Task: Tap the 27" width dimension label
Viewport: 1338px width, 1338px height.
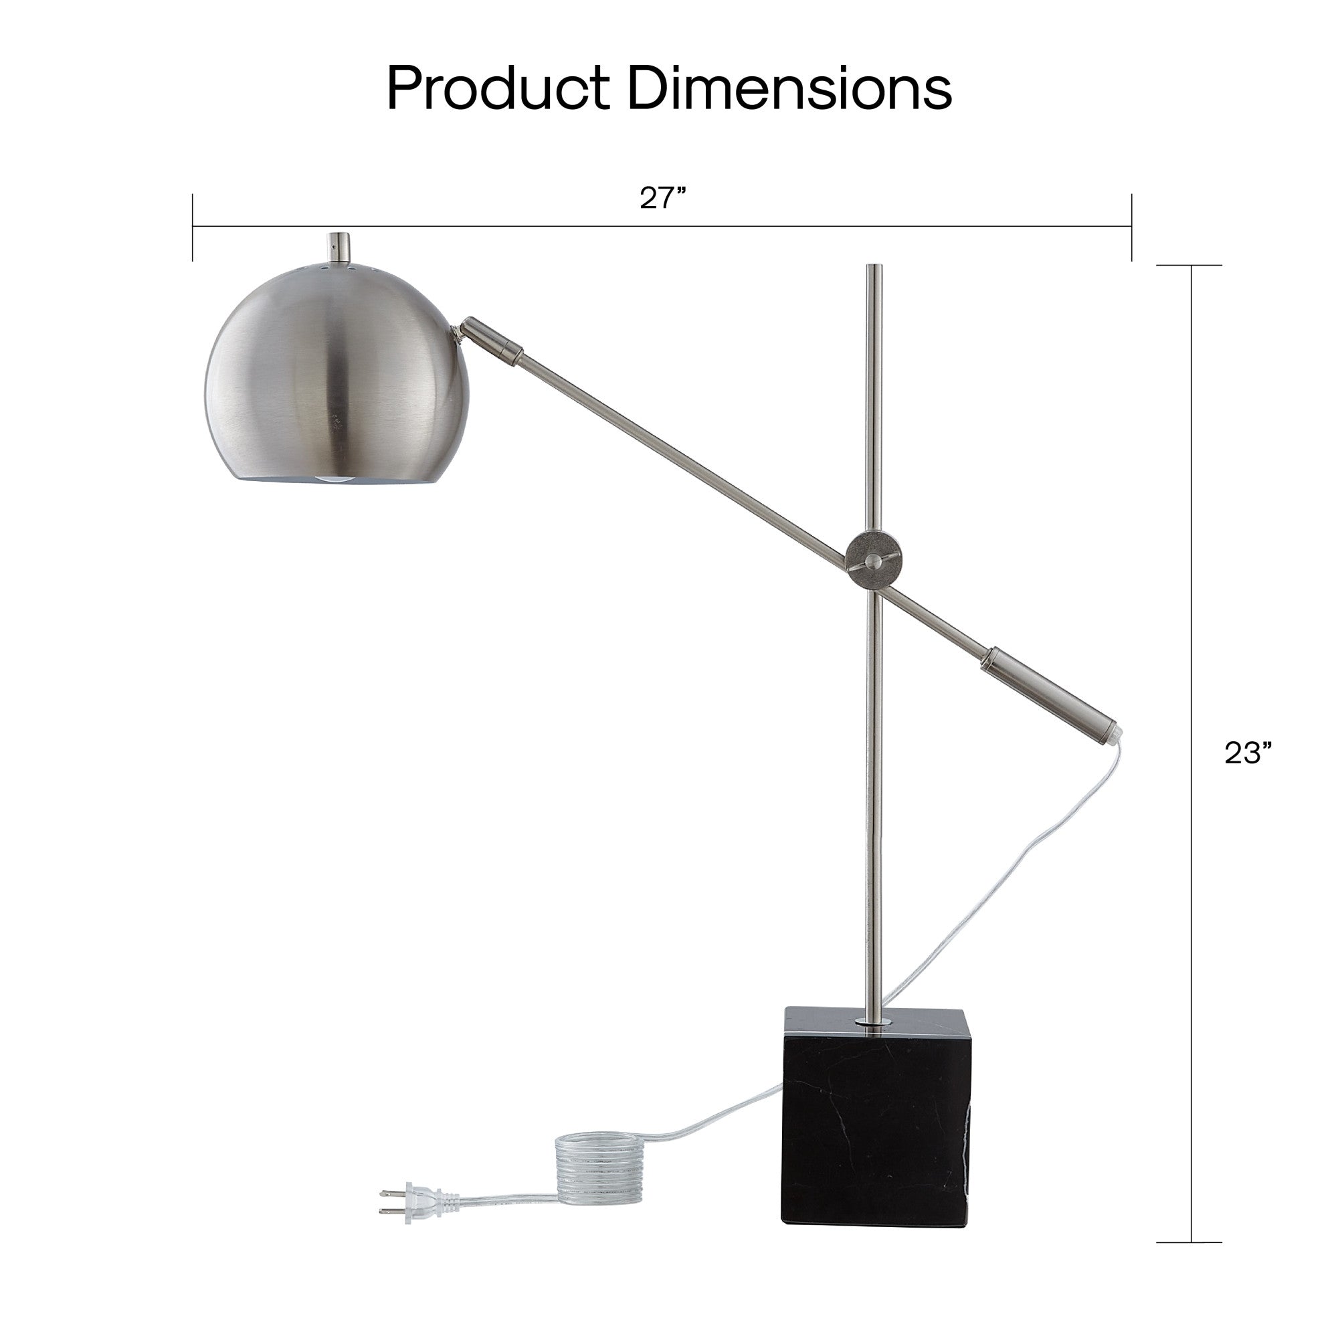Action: [x=662, y=198]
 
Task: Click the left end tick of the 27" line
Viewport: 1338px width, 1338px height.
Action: [x=193, y=227]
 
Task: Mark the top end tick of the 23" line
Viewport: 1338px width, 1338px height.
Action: [x=1189, y=265]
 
